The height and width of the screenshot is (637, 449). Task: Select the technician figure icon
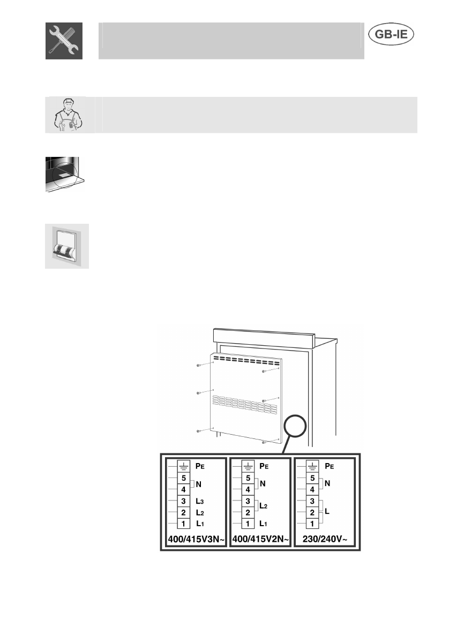(x=65, y=115)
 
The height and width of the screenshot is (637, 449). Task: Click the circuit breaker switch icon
(x=66, y=246)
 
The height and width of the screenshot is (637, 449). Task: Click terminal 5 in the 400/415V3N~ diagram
(x=183, y=478)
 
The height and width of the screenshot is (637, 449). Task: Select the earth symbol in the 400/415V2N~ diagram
(x=249, y=466)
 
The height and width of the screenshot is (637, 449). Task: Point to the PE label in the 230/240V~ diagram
(x=330, y=466)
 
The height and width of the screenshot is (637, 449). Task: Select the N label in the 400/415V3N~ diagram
(x=199, y=484)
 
